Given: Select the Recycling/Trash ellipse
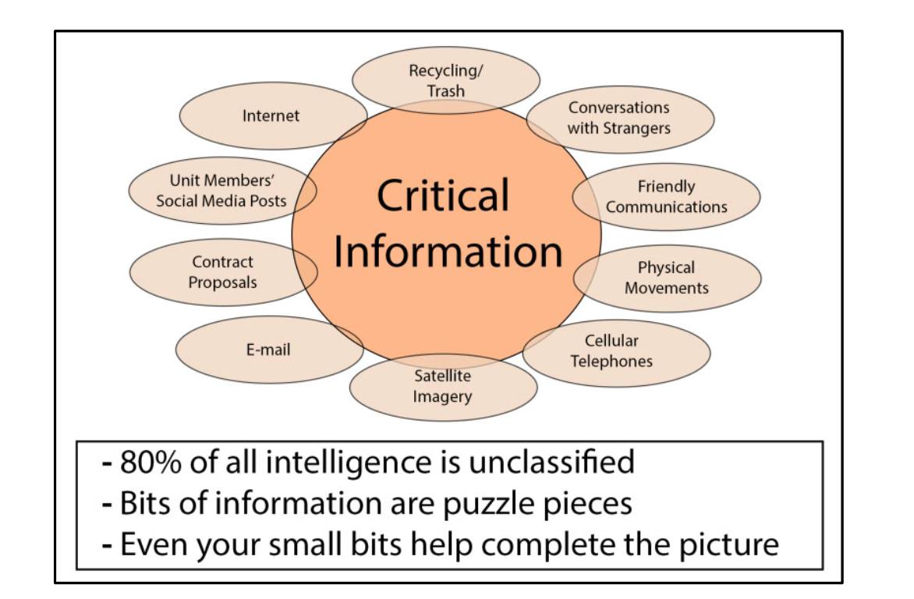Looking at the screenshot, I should tap(446, 80).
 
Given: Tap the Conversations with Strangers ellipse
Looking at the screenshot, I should tap(619, 118).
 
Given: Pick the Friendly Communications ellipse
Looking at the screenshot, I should tap(667, 197).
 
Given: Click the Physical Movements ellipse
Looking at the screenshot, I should tap(667, 278).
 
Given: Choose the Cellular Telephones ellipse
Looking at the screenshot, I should tap(615, 351).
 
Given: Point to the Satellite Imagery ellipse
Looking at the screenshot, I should tap(443, 387).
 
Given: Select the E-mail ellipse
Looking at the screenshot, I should tap(269, 349).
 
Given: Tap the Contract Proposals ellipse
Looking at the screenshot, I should tap(223, 272).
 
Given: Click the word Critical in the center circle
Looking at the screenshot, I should tap(443, 195).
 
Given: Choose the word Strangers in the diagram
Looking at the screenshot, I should tap(636, 127).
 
